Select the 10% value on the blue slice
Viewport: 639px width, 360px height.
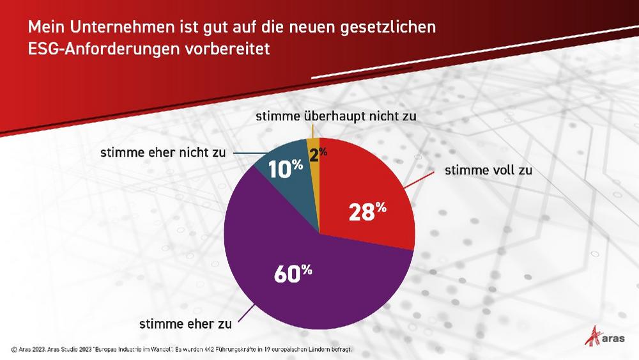(x=285, y=169)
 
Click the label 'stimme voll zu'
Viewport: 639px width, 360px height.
(x=488, y=171)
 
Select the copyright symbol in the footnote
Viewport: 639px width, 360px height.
(x=14, y=349)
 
